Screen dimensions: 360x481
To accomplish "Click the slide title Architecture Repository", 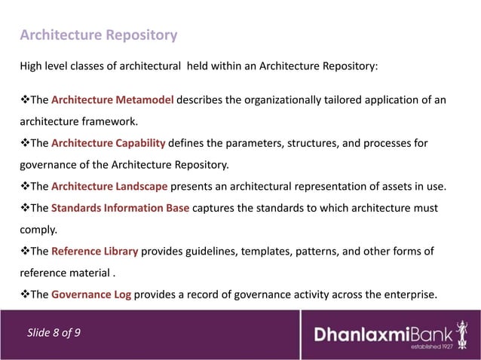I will pos(98,35).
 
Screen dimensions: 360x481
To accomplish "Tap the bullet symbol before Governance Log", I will pos(24,294).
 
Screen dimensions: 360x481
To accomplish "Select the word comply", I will pos(35,230).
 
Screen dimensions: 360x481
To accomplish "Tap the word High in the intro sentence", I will pos(32,65).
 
